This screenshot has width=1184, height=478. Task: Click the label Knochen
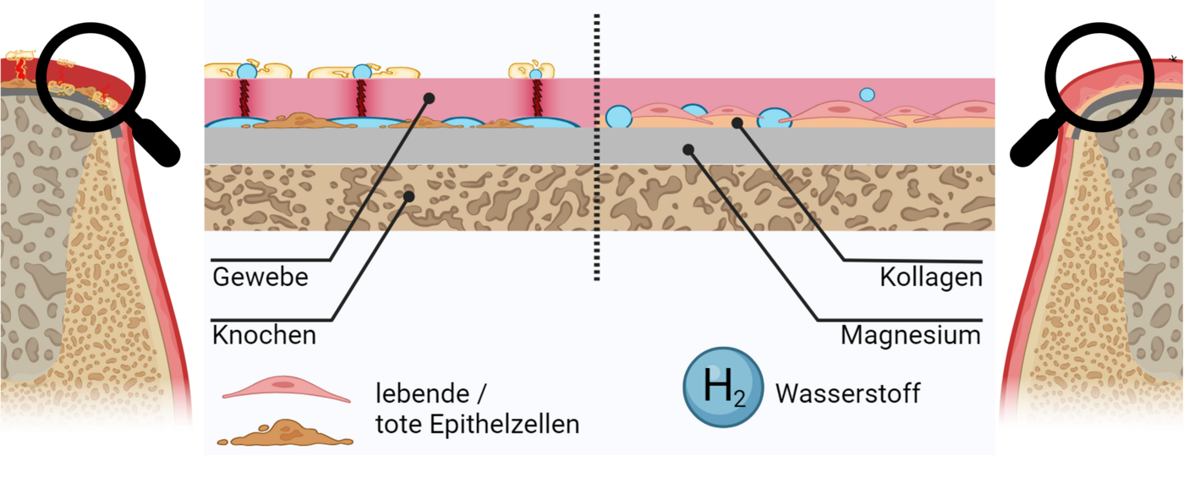point(264,335)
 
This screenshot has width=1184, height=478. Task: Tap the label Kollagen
point(930,277)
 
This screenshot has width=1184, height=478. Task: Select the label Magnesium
point(910,335)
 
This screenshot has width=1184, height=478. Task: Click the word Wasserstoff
point(847,393)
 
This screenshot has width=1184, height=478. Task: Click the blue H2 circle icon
point(723,387)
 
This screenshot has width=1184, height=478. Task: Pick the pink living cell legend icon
point(285,390)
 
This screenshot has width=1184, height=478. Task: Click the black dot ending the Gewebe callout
point(429,98)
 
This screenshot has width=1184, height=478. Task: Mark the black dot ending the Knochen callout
point(408,196)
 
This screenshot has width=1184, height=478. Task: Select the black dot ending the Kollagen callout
point(737,123)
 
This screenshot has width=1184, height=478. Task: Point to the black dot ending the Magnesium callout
point(688,150)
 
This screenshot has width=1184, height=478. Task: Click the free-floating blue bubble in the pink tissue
point(867,95)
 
